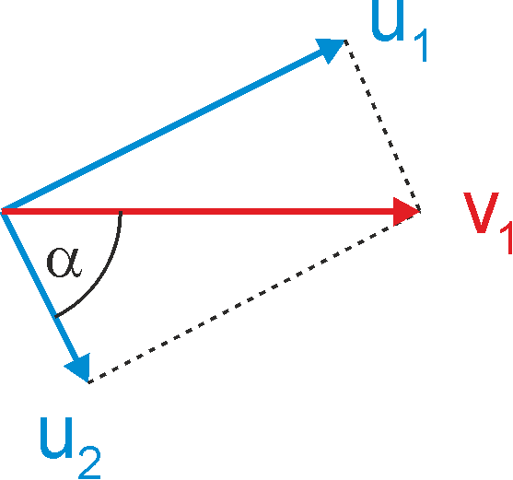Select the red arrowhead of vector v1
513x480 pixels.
405,211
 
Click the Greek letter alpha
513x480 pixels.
64,263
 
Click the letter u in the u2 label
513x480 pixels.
55,438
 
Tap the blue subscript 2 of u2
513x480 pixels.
89,462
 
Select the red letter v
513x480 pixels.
481,213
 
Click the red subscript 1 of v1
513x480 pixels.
507,238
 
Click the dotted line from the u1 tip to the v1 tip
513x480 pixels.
383,125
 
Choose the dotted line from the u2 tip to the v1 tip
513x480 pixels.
254,297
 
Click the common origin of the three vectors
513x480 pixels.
2,211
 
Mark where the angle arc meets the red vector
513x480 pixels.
121,213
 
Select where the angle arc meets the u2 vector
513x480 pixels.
55,316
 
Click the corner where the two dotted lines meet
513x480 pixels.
420,211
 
